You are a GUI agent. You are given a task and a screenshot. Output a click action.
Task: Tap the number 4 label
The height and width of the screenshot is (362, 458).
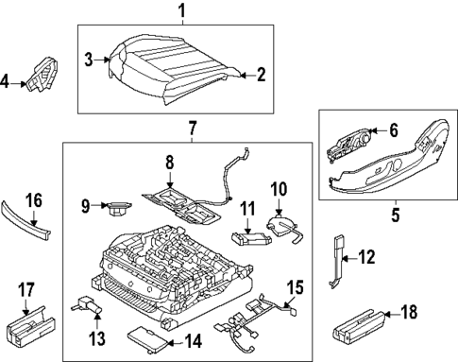pos(8,82)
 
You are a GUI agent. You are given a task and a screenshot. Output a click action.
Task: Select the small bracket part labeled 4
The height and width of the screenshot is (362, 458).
pos(43,75)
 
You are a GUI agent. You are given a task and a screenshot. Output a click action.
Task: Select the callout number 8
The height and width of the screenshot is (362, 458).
pos(171,162)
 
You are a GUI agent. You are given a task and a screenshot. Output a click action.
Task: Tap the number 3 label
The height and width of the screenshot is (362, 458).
pos(89,60)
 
